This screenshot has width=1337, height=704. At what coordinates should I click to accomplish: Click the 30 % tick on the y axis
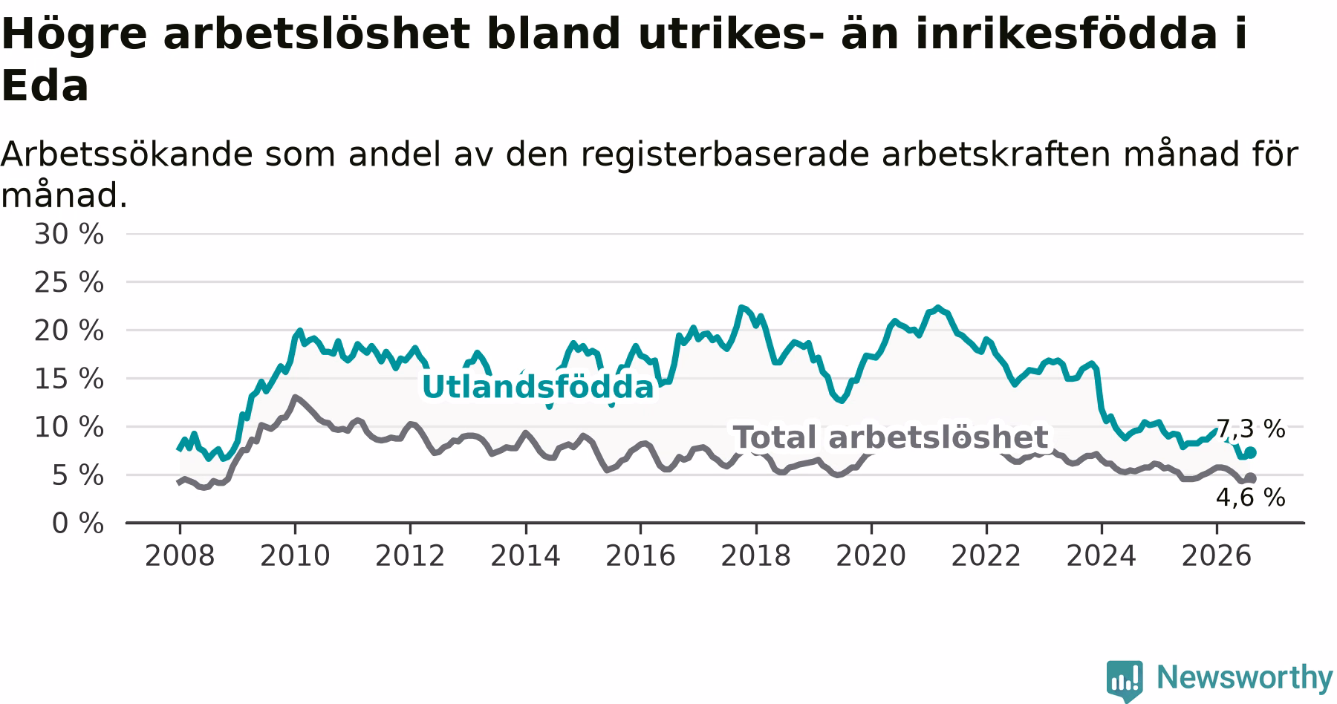(68, 235)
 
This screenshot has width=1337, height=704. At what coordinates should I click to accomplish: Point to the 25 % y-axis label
(68, 283)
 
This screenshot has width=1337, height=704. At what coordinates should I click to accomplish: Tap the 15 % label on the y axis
(68, 379)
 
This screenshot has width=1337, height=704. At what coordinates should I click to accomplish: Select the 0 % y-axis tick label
(77, 524)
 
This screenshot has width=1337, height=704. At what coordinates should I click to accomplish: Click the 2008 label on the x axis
(179, 556)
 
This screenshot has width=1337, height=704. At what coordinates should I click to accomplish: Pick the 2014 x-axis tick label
(525, 556)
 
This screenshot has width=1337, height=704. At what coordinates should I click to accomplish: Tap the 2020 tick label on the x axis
(871, 556)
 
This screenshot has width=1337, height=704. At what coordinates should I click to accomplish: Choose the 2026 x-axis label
(1217, 556)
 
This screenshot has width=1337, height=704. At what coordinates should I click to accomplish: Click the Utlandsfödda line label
(538, 388)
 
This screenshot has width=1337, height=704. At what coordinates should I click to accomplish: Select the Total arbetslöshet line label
(891, 438)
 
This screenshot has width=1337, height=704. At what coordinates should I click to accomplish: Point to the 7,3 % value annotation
(1251, 429)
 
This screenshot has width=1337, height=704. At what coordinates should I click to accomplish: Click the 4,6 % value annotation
(1251, 498)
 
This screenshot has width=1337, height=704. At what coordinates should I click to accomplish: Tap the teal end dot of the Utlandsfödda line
(1251, 452)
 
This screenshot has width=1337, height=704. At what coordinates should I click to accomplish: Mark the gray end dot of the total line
(1251, 478)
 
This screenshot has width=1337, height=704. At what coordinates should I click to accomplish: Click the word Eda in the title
(45, 87)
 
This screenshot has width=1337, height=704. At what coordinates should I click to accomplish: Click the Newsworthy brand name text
(1244, 678)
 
